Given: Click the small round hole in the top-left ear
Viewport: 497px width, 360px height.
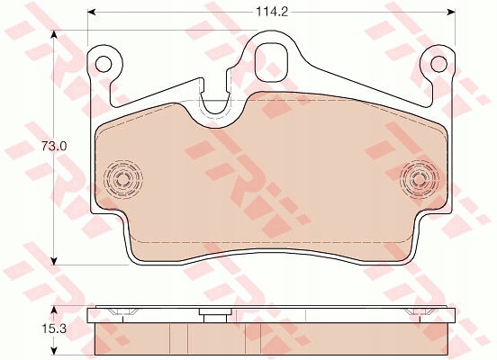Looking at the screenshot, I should coord(104,64).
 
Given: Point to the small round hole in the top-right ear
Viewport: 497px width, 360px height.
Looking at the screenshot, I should coord(438,64).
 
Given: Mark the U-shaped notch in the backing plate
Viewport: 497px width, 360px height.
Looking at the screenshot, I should coord(214,101).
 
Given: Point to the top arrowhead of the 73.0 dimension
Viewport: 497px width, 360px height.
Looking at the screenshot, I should coord(55,34).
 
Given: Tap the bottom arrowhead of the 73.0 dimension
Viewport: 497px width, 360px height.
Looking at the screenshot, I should coord(55,260).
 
